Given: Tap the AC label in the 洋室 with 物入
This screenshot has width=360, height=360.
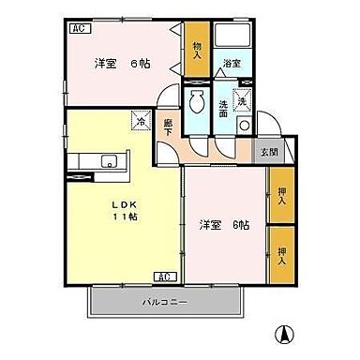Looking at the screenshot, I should [79, 28].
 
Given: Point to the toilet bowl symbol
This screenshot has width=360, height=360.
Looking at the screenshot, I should [197, 103].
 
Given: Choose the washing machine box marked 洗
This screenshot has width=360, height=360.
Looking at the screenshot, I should [242, 100].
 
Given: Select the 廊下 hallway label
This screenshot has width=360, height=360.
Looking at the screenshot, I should [168, 127].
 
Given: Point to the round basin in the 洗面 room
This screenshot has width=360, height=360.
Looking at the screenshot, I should [244, 125].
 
